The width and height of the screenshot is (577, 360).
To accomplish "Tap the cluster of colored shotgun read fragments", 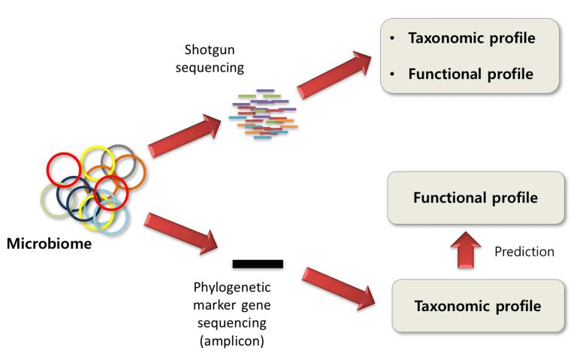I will pos(262,116).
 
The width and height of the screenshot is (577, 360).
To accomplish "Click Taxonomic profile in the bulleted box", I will pos(471,38).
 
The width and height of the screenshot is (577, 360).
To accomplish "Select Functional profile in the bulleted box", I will pos(471,75).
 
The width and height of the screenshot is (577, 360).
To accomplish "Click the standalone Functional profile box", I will pos(475,198).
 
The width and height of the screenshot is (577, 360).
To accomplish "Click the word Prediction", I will pos(524,252).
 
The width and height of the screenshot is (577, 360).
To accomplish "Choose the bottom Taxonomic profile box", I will pos(478,306).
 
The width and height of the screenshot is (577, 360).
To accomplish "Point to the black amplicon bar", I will pos(258,264).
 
